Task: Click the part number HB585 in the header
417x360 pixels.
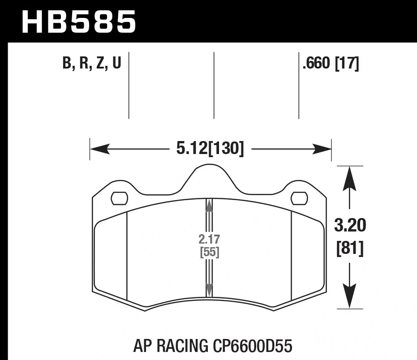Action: [x=79, y=21]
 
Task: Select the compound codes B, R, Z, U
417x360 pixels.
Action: [x=92, y=64]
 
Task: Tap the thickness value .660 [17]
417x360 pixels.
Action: [x=331, y=64]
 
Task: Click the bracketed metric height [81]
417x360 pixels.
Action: [x=350, y=248]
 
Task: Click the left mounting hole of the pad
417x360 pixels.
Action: [x=119, y=198]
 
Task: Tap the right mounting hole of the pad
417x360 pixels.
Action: [x=299, y=198]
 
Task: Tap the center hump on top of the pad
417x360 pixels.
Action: [x=209, y=172]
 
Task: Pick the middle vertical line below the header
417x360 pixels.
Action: [x=214, y=85]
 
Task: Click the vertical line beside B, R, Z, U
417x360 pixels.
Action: [x=129, y=85]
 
